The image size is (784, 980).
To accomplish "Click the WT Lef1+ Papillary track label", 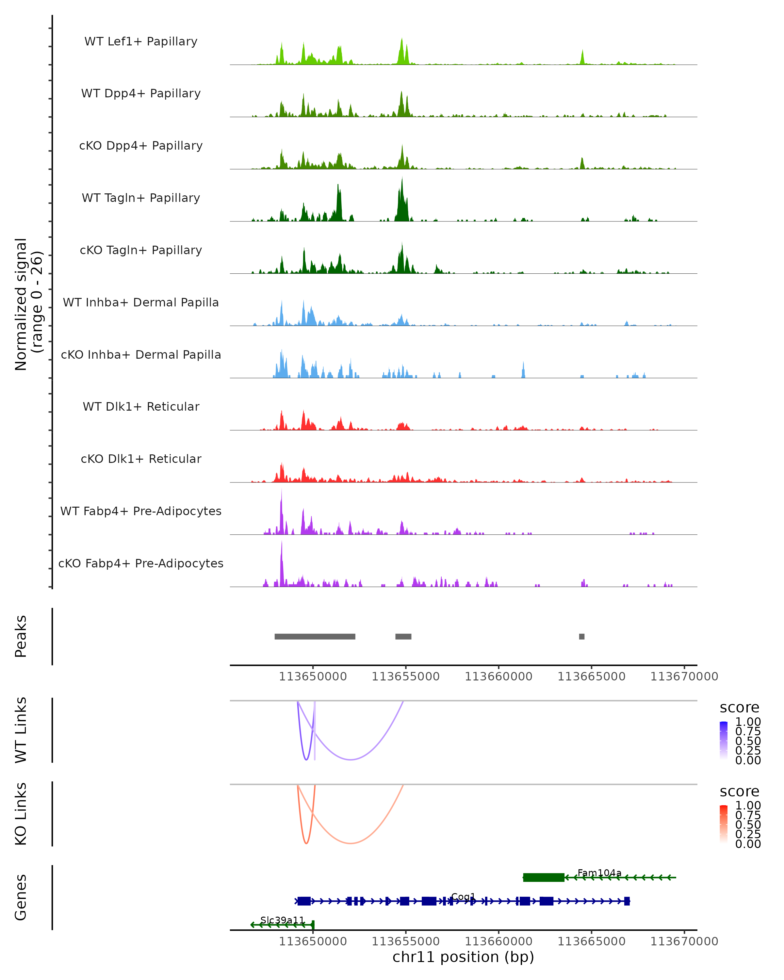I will [x=141, y=41].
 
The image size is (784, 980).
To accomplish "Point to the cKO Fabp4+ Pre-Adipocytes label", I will [x=141, y=563].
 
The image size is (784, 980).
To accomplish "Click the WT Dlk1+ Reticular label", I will [x=141, y=406].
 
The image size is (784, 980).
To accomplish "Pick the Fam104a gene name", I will [x=599, y=873].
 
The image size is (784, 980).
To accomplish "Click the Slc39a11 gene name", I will [x=282, y=920].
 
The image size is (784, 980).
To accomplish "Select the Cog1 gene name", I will [x=463, y=896].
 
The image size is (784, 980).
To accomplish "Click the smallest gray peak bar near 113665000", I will [x=582, y=636].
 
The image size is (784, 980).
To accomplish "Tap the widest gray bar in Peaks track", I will [x=315, y=636].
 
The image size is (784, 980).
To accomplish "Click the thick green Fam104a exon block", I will [x=544, y=877].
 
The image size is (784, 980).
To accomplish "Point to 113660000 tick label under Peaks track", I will [x=498, y=677].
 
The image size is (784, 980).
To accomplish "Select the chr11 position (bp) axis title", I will [x=463, y=957].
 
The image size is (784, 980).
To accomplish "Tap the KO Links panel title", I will [x=21, y=814].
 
